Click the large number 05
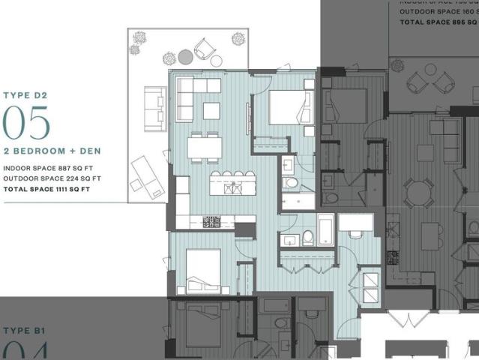26,122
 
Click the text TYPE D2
25,95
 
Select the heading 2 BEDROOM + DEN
52,151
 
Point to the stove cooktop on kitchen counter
212,221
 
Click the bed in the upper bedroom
286,107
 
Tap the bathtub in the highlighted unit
325,228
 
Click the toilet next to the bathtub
308,238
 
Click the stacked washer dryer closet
370,286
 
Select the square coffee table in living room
211,111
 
